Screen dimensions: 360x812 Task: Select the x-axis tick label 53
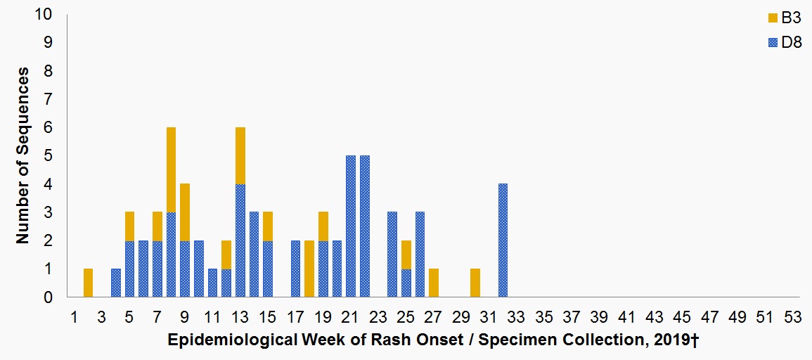coord(792,316)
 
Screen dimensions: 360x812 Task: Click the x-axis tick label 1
coord(75,316)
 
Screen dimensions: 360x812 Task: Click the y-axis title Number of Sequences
coord(22,155)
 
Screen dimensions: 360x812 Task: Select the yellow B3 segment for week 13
coord(240,156)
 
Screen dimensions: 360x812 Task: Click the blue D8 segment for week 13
coord(240,240)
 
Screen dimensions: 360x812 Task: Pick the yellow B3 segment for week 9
coord(185,212)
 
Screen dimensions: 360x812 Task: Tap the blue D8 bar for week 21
coord(351,226)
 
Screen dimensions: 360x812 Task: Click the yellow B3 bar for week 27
coord(434,283)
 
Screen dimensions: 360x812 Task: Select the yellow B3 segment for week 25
coord(406,255)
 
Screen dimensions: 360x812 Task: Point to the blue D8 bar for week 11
coord(212,283)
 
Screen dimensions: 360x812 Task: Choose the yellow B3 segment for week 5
coord(129,226)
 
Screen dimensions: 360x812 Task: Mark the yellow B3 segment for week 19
coord(323,226)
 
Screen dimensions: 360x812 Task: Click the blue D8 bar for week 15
coord(267,269)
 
